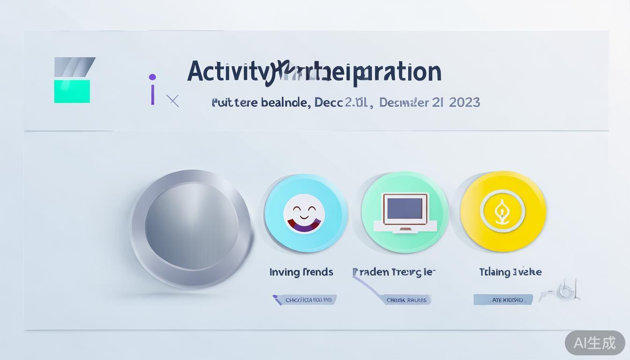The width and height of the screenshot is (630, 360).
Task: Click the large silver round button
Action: point(192,228)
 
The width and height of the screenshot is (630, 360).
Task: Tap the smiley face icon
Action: point(304,214)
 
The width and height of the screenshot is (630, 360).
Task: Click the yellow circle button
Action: point(503,212)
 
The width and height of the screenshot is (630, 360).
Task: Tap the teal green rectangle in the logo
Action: point(72,91)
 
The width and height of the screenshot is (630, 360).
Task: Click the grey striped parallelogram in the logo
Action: point(74,67)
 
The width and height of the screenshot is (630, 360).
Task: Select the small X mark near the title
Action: point(172,101)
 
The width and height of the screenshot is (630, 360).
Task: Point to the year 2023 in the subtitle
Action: point(464,102)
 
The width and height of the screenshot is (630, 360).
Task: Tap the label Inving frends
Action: point(301,272)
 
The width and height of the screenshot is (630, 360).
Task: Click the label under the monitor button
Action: point(394,272)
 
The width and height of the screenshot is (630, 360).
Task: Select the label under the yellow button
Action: point(510,272)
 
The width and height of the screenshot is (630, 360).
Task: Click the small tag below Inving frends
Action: point(305,300)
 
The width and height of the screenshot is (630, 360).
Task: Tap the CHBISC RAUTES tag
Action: point(407,300)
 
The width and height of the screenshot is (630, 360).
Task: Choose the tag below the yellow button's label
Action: point(502,300)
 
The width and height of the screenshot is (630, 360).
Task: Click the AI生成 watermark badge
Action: point(595,343)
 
